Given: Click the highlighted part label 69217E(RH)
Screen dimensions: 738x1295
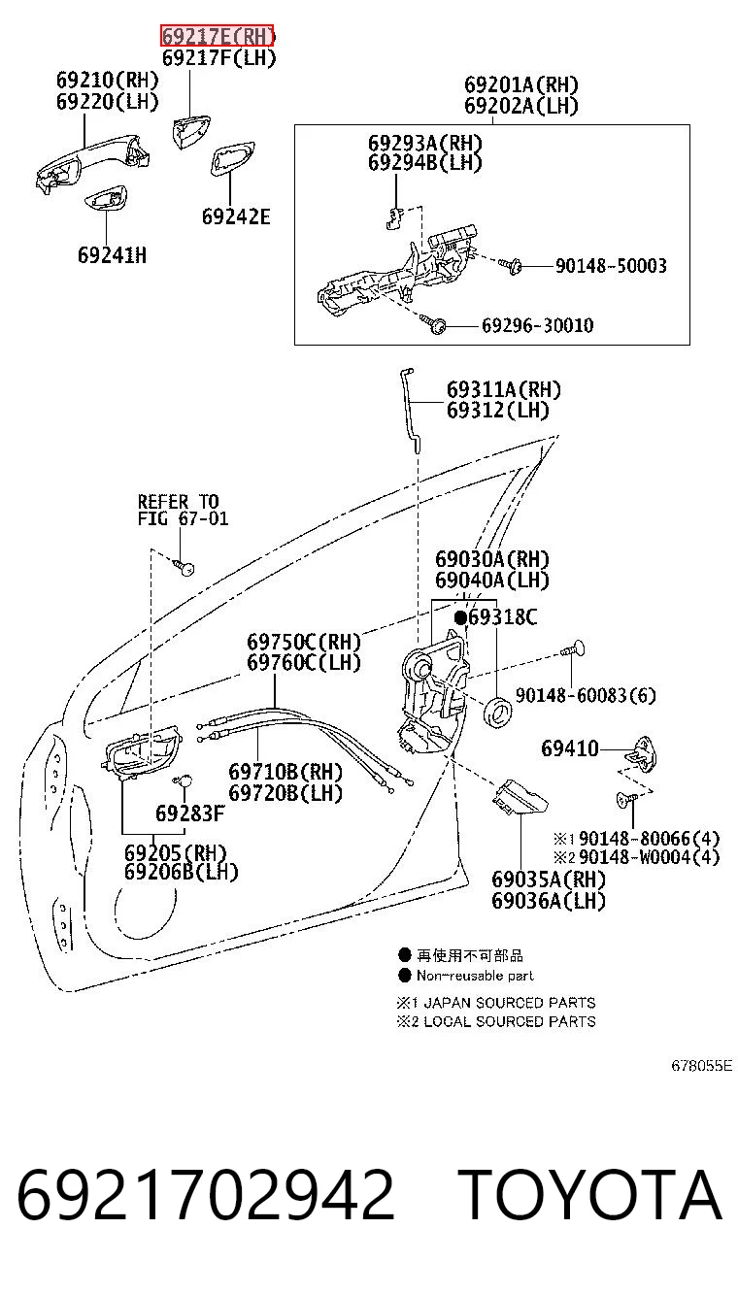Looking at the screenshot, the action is coord(217,37).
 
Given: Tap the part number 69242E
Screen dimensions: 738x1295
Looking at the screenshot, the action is coord(236,216).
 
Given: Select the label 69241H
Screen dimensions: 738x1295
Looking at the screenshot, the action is coord(113,255).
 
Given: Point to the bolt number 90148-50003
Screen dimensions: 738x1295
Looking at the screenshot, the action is coord(612,266).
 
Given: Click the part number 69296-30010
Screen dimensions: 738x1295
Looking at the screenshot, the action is coord(538,325).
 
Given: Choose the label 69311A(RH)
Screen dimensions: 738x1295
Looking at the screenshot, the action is coord(504,389).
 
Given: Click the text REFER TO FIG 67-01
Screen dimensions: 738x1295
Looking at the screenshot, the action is coord(183,510).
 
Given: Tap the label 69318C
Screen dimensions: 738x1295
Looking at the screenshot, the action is coord(503,617).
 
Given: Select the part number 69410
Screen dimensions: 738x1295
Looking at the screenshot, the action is coord(570,748).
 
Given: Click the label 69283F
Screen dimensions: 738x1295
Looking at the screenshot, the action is coord(189,814).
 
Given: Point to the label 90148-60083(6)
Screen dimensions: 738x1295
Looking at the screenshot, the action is coord(586,695).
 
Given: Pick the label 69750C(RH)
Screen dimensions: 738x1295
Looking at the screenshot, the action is coord(304,642).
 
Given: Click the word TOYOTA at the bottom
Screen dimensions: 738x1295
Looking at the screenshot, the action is coord(589,1193).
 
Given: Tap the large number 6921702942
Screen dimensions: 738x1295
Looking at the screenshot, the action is coord(205,1194).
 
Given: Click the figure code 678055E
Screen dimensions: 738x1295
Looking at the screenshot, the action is coord(701,1066).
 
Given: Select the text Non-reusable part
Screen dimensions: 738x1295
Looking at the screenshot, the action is coord(475,976).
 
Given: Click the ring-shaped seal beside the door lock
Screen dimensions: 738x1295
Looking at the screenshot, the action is coord(497,711).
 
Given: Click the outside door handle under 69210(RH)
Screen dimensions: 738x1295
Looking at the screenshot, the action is coord(92,161).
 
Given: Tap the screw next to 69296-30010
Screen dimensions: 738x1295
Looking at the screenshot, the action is coord(434,324).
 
